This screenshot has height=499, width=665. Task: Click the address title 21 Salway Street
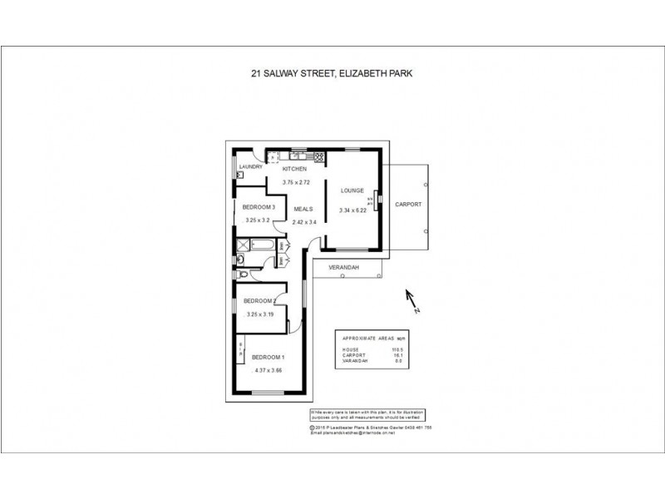tap(332, 73)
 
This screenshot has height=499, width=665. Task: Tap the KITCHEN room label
tap(295, 170)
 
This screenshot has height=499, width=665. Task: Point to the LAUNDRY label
tap(251, 167)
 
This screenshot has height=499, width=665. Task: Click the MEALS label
tap(303, 210)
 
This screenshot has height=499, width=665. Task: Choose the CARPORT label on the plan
tap(408, 204)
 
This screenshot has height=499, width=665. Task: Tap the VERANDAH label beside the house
tap(342, 268)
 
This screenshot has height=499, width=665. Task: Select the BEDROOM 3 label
tap(258, 207)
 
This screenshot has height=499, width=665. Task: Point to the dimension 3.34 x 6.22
tap(353, 211)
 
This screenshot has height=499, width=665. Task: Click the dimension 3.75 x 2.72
tap(295, 182)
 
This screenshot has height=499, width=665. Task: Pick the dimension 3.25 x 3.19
tap(259, 314)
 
